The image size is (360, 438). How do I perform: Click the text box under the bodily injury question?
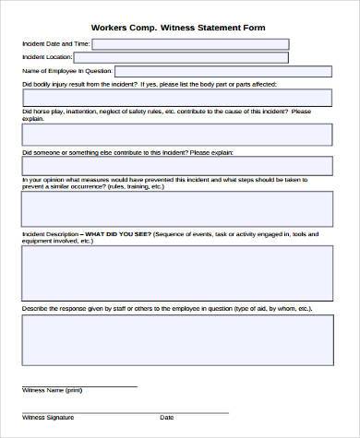coord(176,97)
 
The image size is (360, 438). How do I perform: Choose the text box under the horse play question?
coord(176,136)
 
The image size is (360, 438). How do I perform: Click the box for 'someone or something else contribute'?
coord(176,166)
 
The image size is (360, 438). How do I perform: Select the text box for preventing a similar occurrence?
coord(176,208)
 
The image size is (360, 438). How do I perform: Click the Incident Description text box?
coord(176,275)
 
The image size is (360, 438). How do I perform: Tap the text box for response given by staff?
coord(176,340)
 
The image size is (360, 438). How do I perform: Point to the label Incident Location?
coord(46,57)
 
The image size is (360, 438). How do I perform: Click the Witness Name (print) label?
coord(51,390)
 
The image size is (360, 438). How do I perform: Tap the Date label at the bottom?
coord(167,418)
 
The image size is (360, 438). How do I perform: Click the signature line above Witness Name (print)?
coord(78,385)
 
